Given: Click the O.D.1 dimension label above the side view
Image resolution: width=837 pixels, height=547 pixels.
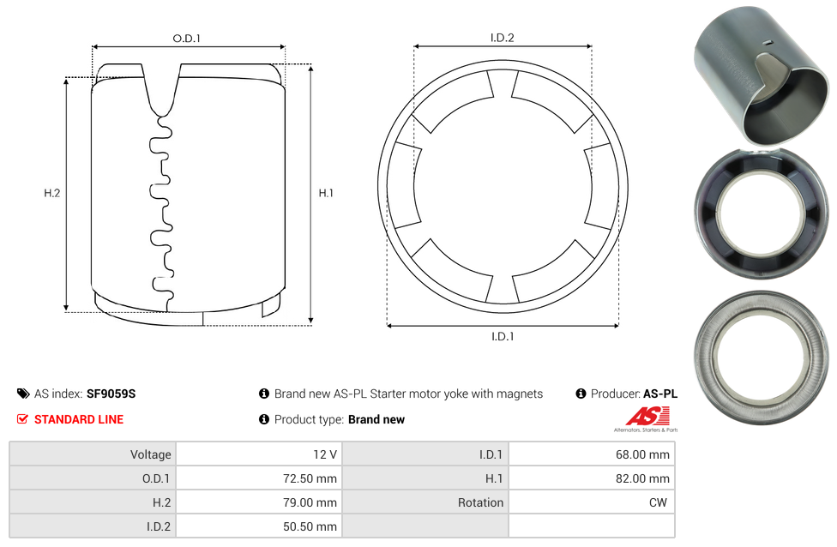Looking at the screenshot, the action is click(x=186, y=39).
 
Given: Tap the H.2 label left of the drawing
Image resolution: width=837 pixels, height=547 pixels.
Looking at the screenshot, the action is click(x=51, y=193).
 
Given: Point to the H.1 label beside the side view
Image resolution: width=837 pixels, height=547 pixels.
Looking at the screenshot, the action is click(x=326, y=193).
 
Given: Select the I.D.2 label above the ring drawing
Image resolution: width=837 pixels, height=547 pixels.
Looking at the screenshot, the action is click(x=503, y=38).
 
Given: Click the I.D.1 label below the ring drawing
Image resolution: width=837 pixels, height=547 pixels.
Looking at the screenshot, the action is click(x=503, y=336).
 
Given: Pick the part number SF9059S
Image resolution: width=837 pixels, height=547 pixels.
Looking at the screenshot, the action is click(x=111, y=394).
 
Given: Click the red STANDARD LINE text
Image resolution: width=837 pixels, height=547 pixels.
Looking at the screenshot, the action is click(x=79, y=419).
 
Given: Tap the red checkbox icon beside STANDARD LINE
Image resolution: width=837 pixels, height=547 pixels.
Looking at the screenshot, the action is click(x=22, y=419).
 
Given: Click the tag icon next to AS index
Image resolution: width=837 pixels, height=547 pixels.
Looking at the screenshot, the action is click(x=23, y=394).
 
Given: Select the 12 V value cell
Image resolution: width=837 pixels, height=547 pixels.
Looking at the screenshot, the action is click(x=260, y=454).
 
